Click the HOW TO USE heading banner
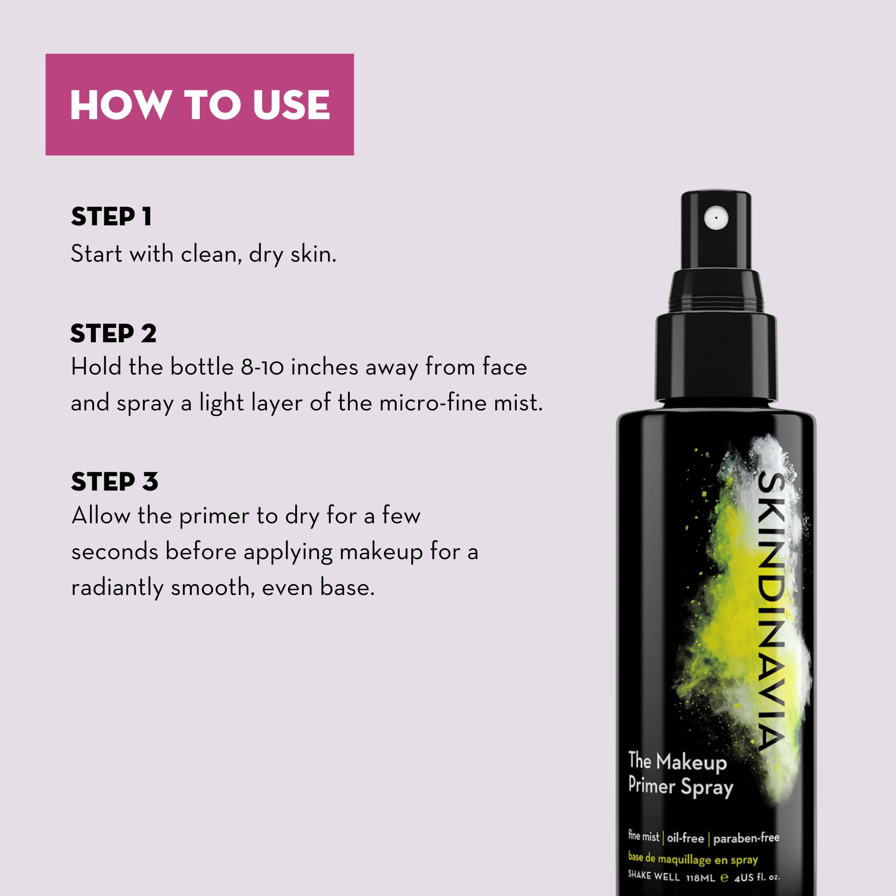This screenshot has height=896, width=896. click(x=199, y=104)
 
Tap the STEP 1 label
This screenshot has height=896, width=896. click(x=111, y=216)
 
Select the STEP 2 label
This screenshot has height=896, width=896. click(x=114, y=333)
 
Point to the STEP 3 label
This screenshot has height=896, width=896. click(x=115, y=482)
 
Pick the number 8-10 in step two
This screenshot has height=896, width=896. click(x=262, y=367)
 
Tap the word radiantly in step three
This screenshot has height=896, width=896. click(x=117, y=588)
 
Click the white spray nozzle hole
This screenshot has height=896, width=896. click(x=716, y=218)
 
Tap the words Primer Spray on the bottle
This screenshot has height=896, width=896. click(x=681, y=787)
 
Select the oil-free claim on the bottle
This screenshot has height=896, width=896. click(x=685, y=838)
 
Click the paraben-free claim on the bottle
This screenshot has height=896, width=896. click(x=746, y=838)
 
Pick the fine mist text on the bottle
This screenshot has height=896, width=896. click(x=643, y=836)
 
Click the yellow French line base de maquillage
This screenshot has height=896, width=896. click(x=693, y=859)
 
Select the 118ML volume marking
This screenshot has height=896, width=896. click(x=700, y=878)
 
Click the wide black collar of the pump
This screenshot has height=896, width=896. click(x=715, y=357)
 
